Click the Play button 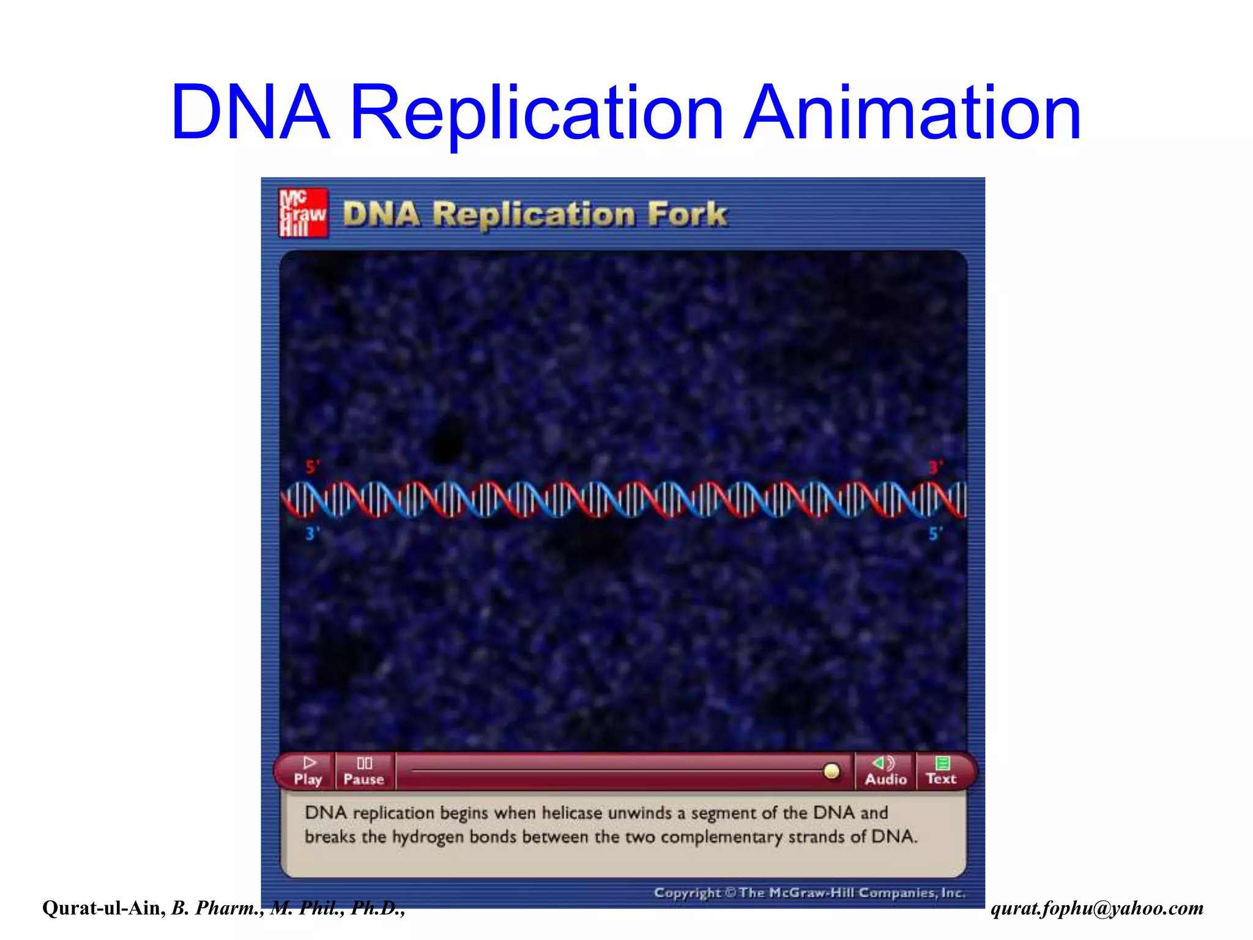point(307,771)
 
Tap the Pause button point(364,771)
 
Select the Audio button point(885,771)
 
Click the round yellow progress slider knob point(831,771)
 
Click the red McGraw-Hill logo point(303,212)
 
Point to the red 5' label point(313,468)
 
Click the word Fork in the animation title point(687,214)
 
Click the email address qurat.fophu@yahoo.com point(1097,908)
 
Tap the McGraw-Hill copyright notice point(809,893)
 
